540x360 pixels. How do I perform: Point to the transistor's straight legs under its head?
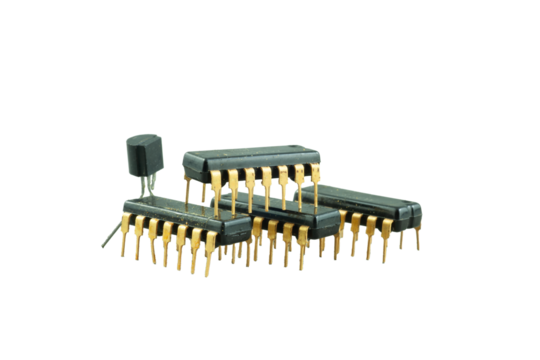[147, 186]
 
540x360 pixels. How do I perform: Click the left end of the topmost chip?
[186, 159]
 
